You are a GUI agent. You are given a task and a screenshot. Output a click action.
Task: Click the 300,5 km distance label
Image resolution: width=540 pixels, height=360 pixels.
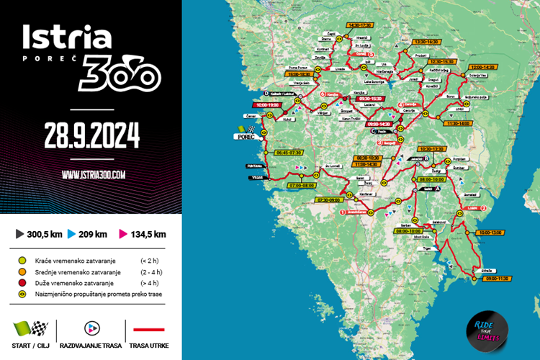coord(45,233)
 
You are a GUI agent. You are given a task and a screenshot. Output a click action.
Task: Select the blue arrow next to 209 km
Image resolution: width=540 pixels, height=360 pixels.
coord(72,233)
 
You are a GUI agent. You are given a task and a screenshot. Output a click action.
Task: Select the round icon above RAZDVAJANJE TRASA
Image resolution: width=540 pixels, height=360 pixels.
coord(91,328)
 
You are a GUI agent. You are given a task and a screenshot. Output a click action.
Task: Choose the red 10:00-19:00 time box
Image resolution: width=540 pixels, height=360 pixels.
coord(269,104)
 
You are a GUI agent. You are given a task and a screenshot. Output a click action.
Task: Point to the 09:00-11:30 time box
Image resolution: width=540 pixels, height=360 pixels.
coord(498,278)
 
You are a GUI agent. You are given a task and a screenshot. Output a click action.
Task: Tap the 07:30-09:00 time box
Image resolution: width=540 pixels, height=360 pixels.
coord(328,199)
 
